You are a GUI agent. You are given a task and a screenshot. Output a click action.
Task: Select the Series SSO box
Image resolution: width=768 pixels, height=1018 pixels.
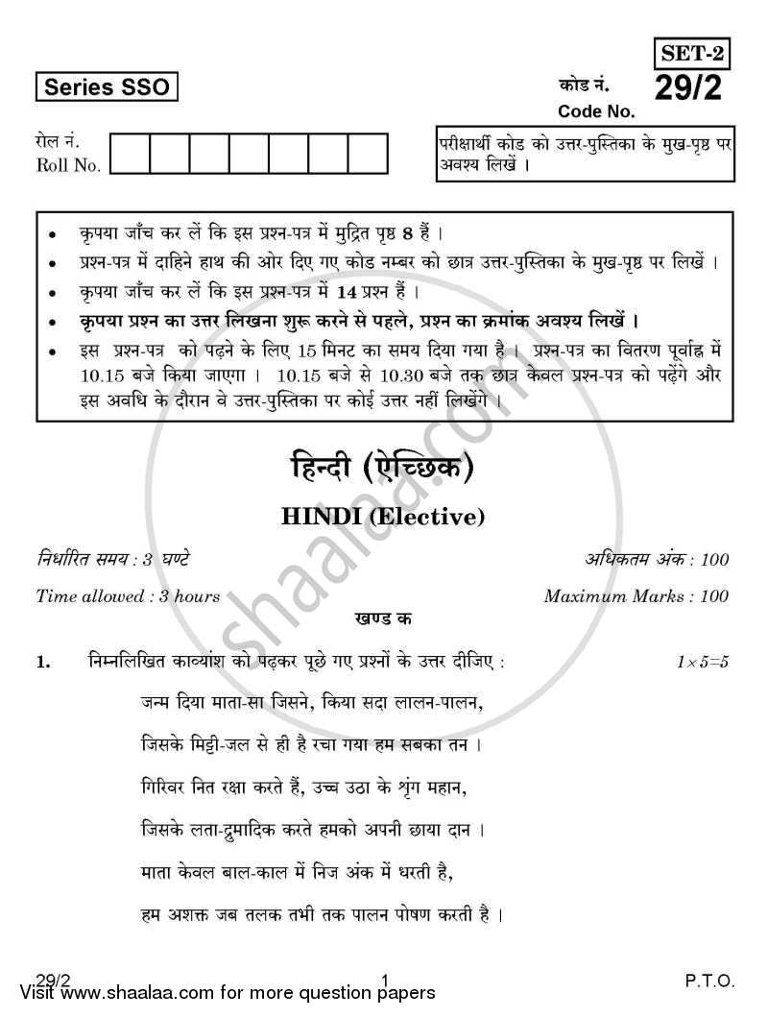point(107,87)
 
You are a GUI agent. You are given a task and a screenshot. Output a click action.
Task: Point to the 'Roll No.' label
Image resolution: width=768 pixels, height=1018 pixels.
point(67,165)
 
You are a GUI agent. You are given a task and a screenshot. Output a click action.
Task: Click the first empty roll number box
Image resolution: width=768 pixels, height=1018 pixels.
point(130,154)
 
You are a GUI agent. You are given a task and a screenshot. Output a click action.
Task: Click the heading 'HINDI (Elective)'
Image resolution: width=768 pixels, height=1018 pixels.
point(383,517)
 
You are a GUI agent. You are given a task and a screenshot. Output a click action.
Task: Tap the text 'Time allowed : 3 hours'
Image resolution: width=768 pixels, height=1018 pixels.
point(128,596)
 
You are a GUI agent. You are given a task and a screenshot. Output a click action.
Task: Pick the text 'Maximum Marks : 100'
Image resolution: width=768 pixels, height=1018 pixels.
point(636,596)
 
